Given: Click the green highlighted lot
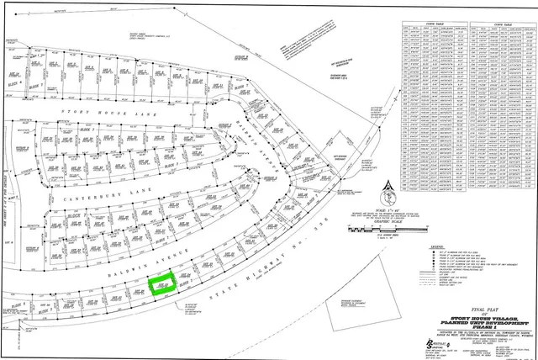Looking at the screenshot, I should point(157,283).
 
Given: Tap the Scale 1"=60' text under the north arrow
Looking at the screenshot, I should point(387,209).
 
